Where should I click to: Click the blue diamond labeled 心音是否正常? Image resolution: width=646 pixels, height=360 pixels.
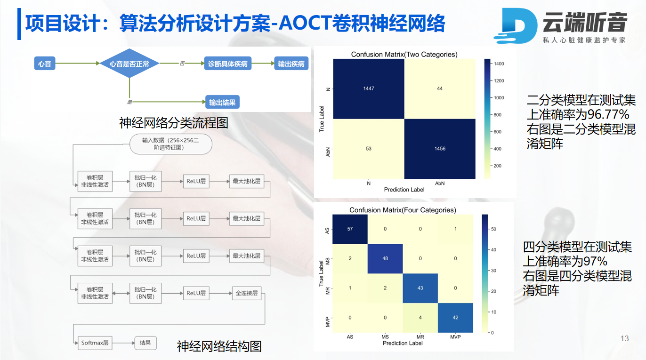point(129,64)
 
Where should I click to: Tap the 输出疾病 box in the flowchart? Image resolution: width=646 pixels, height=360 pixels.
point(291,64)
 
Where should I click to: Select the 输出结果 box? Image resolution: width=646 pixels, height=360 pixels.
point(222,102)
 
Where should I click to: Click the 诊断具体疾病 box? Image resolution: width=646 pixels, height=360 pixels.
point(228,64)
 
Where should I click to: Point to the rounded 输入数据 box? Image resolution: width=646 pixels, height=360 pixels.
point(171,144)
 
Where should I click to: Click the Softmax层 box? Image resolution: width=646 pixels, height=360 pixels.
point(95,343)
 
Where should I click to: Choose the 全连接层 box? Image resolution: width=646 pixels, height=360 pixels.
point(247,293)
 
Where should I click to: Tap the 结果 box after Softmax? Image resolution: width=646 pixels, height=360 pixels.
point(145,343)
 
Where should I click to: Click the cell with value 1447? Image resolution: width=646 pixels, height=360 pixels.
point(369,88)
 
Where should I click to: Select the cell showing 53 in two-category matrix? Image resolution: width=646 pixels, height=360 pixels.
point(369,149)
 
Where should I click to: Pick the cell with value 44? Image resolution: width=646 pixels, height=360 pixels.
point(440,88)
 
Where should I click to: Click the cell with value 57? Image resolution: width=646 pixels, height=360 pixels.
point(350,229)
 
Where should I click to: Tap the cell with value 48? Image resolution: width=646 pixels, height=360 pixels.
point(385,258)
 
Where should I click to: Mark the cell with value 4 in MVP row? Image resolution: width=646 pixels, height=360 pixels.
point(420,318)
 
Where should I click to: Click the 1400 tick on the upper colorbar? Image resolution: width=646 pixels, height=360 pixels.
point(499,64)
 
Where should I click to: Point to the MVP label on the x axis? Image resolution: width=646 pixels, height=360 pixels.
point(455,337)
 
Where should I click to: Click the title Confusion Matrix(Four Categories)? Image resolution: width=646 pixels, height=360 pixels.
point(403,210)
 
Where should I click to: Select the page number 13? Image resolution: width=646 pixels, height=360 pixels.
point(624,338)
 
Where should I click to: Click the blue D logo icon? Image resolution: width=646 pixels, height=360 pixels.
point(516,26)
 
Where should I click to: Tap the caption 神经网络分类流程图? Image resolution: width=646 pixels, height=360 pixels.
point(174,123)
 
